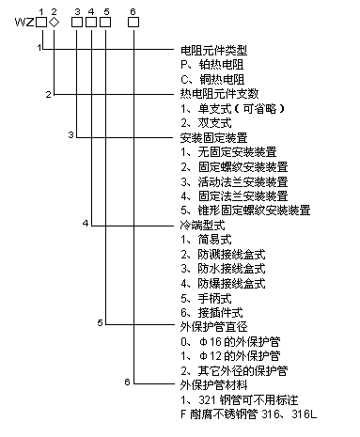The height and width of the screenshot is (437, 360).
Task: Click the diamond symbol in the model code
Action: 55,23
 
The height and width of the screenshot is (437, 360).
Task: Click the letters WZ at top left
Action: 24,23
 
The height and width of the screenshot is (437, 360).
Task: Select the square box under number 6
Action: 133,23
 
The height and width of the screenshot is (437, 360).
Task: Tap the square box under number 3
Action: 77,23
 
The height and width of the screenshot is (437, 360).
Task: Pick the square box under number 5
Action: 105,23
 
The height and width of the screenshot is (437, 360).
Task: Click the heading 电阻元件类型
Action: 213,50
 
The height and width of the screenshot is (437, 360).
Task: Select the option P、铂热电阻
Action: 211,65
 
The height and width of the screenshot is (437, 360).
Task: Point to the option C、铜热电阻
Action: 212,79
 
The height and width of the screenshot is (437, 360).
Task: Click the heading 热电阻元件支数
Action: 219,94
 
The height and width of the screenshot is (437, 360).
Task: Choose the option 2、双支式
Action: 206,123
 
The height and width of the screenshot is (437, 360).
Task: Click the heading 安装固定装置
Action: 213,137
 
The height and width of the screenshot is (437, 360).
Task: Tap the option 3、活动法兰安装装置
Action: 234,181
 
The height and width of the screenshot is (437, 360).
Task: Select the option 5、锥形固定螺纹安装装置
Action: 245,211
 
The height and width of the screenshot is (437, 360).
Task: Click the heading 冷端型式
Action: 202,225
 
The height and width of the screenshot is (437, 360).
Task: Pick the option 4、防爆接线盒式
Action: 223,284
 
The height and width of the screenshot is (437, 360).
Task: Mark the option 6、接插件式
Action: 211,313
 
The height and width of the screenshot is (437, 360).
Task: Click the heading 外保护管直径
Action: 213,327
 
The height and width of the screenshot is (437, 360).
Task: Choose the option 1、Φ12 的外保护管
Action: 230,356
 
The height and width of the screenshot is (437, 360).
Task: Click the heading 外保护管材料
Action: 213,385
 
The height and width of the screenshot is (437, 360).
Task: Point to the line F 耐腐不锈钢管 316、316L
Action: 249,414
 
